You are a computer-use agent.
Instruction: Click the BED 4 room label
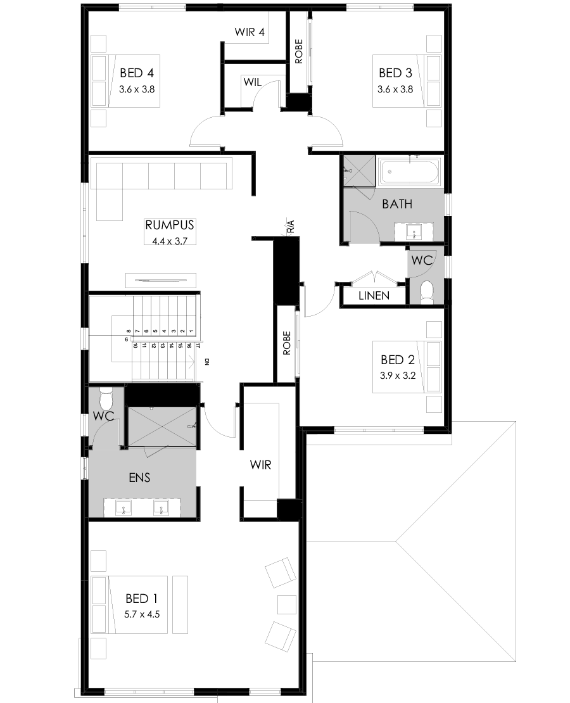[x=137, y=72]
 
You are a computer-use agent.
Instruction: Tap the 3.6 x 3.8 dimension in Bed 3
[x=395, y=89]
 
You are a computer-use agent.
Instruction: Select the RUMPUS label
[x=169, y=225]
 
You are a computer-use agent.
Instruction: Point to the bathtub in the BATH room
[x=409, y=171]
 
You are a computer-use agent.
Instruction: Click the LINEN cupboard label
[x=374, y=296]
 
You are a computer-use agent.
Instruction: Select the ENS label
[x=139, y=478]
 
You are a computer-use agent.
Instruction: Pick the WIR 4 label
[x=249, y=32]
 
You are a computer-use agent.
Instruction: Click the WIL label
[x=251, y=82]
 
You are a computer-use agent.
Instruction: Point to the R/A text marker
[x=291, y=226]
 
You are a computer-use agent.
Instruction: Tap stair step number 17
[x=198, y=346]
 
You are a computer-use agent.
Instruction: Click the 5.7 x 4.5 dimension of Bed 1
[x=141, y=614]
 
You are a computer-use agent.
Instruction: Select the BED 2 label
[x=397, y=360]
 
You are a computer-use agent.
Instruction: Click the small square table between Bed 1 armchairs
[x=286, y=605]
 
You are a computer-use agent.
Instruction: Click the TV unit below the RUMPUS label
[x=161, y=278]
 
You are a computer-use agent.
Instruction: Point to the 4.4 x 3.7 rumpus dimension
[x=169, y=241]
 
